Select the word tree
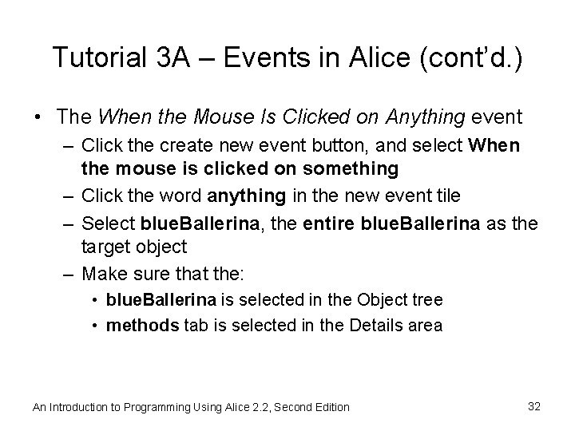click(x=428, y=300)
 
